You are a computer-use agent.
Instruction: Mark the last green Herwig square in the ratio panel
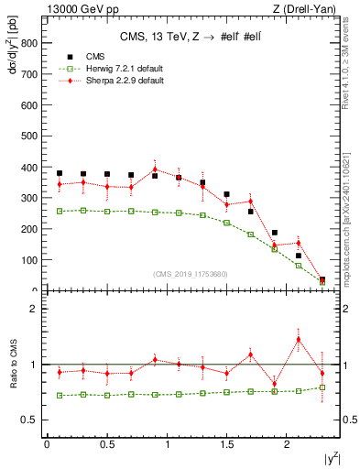tap(322, 387)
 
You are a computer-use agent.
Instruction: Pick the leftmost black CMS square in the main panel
tap(60, 173)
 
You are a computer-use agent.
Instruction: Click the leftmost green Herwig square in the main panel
tap(60, 211)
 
